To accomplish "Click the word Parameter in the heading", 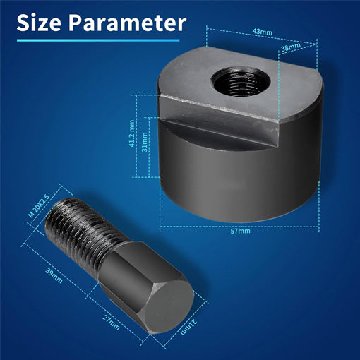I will pyautogui.click(x=129, y=23).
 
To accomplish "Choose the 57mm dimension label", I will pyautogui.click(x=239, y=231).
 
